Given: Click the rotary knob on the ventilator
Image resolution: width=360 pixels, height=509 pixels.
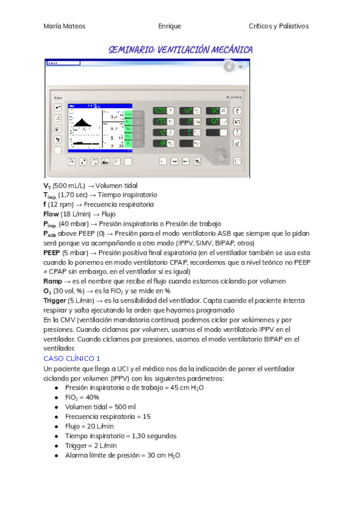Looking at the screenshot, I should pos(221,152).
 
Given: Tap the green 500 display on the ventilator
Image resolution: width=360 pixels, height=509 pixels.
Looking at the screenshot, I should pos(160,111).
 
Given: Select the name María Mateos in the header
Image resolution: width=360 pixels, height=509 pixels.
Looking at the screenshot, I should pos(65,26).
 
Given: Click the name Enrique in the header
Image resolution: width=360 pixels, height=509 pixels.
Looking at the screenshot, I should pos(169,26).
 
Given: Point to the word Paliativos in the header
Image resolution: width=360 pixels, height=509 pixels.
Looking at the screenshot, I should pos(292,26).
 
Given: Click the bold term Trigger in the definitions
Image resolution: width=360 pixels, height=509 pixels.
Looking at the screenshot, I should pos(55,300).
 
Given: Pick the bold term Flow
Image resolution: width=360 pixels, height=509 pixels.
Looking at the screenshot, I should pos(51,214).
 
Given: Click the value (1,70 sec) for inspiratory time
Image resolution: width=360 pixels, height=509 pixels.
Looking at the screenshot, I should pos(74,194).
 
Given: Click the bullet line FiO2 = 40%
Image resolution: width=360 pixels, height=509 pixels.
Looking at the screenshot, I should pos(82,397).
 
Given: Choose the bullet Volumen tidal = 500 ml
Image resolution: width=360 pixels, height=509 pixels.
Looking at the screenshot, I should pos(100,407).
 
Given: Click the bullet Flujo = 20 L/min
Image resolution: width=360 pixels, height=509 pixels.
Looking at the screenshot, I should pos(89,426).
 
